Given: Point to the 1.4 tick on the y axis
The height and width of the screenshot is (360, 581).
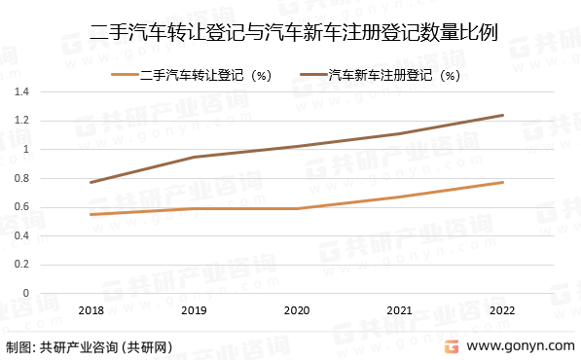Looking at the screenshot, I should pyautogui.click(x=21, y=91).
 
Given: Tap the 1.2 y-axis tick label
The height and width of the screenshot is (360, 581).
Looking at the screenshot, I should pyautogui.click(x=21, y=121).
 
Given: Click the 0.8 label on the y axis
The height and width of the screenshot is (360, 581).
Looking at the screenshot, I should pyautogui.click(x=21, y=178).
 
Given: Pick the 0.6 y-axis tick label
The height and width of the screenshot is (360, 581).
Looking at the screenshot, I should pyautogui.click(x=21, y=206).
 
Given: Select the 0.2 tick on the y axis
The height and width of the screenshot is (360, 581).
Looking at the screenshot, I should pyautogui.click(x=21, y=264).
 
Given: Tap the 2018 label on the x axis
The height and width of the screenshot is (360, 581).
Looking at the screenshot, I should pyautogui.click(x=91, y=309).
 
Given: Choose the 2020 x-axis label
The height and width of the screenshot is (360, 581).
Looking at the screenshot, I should pyautogui.click(x=297, y=309).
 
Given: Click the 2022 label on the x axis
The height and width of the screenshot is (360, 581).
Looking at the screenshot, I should pyautogui.click(x=503, y=309).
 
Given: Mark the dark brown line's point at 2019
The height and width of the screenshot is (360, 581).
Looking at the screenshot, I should pyautogui.click(x=194, y=157).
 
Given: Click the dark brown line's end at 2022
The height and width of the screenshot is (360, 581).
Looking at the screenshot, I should pyautogui.click(x=503, y=115).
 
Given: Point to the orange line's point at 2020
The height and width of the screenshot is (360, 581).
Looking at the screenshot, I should pyautogui.click(x=297, y=208).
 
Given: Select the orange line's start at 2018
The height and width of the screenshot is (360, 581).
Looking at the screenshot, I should pyautogui.click(x=91, y=214).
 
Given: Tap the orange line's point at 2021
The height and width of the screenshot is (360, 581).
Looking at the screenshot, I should pyautogui.click(x=400, y=198).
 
